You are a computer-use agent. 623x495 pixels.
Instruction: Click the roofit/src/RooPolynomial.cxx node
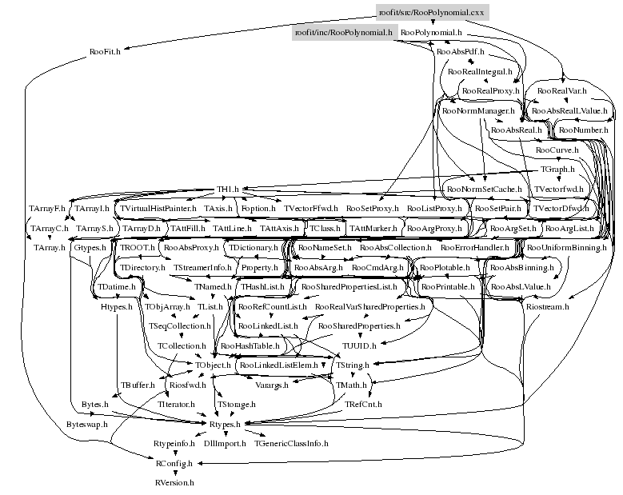coord(432,12)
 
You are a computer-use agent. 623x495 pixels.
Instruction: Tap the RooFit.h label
coord(105,52)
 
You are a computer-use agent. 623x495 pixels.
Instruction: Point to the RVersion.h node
coord(174,483)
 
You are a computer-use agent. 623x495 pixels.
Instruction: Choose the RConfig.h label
coord(174,463)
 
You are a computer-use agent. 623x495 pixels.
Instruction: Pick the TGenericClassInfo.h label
coord(291,442)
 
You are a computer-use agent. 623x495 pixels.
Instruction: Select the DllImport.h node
coord(225,442)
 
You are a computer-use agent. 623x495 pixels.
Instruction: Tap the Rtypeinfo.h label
coord(174,442)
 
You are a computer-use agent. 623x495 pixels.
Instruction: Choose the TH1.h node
coord(230,190)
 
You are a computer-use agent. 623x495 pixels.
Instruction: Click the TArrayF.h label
coord(47,208)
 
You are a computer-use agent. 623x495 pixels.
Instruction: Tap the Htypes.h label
coord(115,306)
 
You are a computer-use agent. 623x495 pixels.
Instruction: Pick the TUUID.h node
coord(359,345)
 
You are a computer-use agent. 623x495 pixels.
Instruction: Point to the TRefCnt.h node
coord(364,405)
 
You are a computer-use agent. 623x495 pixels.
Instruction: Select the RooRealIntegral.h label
coord(480,72)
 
